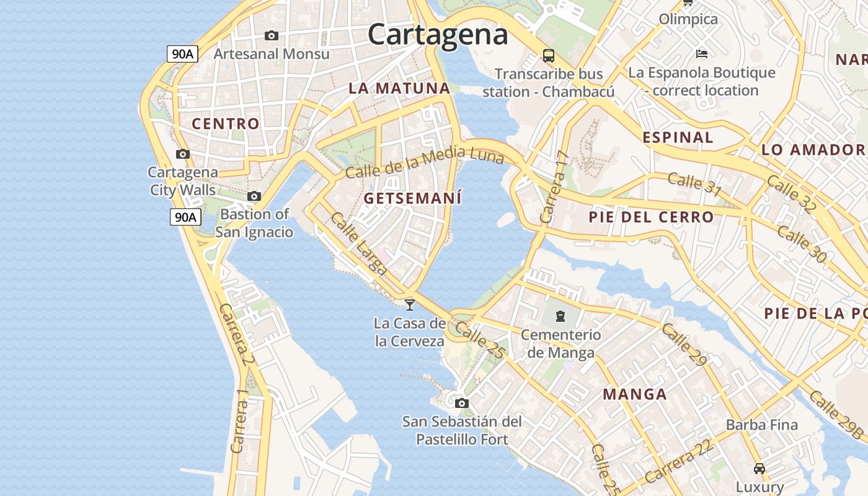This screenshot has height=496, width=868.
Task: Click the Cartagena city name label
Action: click(x=438, y=33)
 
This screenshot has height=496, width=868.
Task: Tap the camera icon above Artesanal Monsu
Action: click(x=272, y=36)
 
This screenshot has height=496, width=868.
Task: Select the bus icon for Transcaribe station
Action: click(x=549, y=56)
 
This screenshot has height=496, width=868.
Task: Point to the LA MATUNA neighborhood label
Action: click(x=399, y=88)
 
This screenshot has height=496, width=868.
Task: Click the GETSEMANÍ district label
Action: click(x=412, y=198)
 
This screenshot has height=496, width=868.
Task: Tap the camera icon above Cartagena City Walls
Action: click(x=182, y=154)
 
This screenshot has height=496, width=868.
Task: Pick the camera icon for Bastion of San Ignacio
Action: click(x=254, y=197)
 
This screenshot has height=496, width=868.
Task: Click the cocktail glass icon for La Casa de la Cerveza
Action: click(x=409, y=304)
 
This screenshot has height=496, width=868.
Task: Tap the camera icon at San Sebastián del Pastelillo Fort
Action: click(x=461, y=404)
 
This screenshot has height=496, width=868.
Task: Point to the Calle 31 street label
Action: click(x=694, y=184)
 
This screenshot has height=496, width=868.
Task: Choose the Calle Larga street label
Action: click(x=359, y=244)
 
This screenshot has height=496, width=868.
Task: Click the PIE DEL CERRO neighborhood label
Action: click(x=651, y=217)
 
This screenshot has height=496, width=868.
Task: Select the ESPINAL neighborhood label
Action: click(x=678, y=138)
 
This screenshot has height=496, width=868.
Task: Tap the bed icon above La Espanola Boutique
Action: click(x=702, y=54)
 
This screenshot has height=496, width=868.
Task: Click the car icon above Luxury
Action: click(x=759, y=468)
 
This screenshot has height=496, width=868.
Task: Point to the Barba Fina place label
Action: click(x=761, y=425)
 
